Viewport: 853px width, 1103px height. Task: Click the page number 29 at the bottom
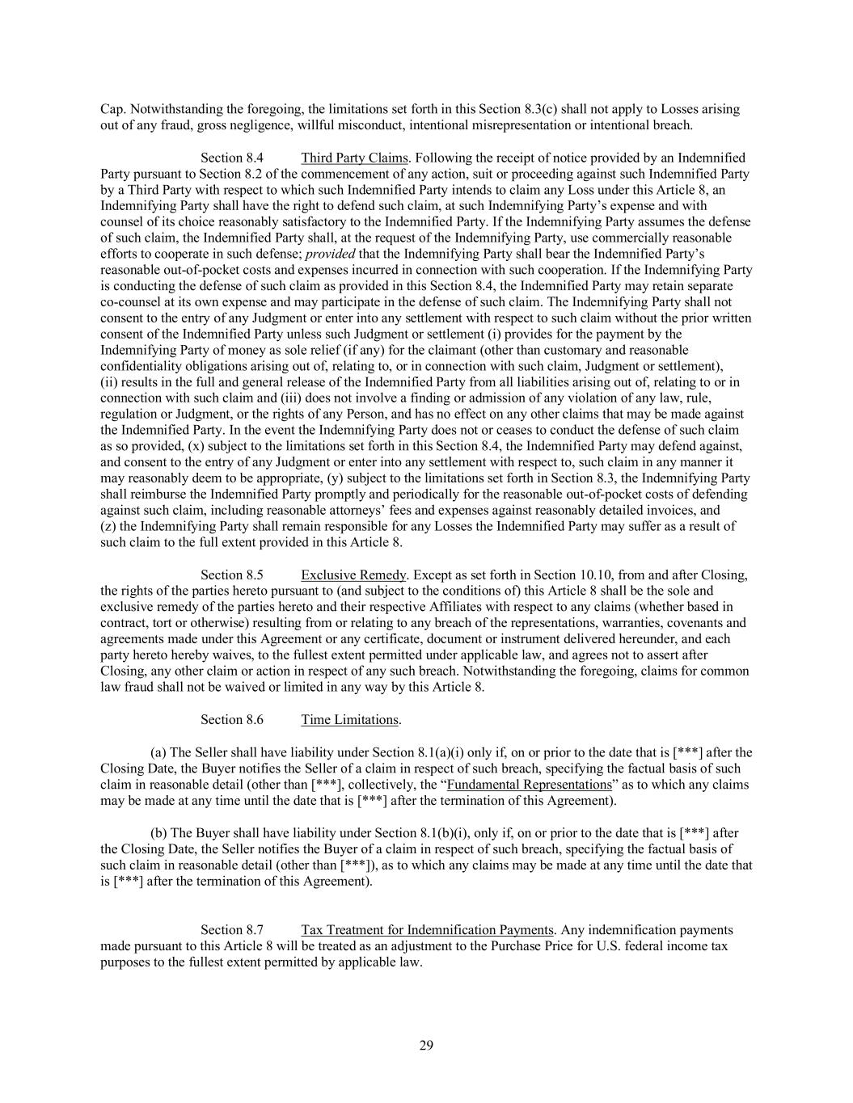coord(427,1046)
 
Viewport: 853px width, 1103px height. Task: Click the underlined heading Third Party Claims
coord(354,158)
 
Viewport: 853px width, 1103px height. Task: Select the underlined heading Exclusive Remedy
coord(354,575)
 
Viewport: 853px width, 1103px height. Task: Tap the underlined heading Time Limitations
coord(350,719)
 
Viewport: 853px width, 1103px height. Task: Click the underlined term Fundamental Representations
coord(530,785)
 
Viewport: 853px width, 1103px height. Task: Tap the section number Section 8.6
coord(232,719)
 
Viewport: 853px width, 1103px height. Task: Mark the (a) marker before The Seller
coord(158,752)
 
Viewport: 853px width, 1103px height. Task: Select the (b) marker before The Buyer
coord(158,833)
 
